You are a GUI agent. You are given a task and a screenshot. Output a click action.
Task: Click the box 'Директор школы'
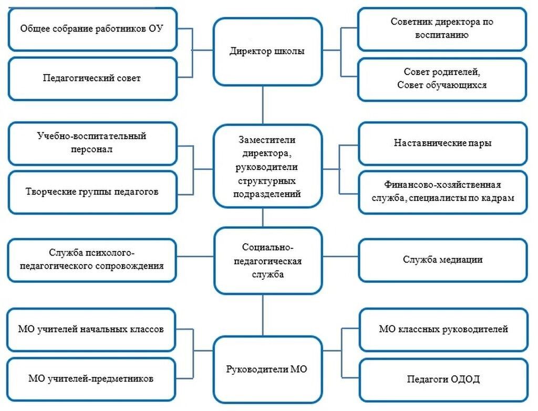(267, 51)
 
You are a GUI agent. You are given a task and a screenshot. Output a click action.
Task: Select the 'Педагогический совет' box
(92, 79)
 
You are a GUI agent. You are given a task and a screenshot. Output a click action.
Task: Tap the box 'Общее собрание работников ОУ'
(92, 29)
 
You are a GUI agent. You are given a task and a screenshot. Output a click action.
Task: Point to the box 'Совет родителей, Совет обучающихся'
(442, 79)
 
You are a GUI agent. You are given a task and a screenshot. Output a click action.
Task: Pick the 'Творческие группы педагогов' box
(92, 192)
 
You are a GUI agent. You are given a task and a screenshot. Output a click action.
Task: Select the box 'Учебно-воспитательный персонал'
(92, 143)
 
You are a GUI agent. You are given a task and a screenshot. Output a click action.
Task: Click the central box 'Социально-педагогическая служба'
(267, 260)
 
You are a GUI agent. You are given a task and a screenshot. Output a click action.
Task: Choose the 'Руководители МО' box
(267, 369)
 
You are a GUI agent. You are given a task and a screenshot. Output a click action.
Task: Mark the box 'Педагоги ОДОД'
(443, 379)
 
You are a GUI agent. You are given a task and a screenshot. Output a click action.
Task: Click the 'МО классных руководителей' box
(443, 330)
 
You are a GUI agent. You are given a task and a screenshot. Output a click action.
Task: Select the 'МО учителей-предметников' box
(92, 378)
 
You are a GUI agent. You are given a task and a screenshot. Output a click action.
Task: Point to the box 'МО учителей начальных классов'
(92, 330)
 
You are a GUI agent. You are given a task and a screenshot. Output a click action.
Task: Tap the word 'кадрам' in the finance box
(498, 198)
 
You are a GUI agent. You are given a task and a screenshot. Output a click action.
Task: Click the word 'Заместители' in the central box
(267, 140)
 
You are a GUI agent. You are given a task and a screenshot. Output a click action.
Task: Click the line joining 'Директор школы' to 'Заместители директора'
(263, 105)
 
